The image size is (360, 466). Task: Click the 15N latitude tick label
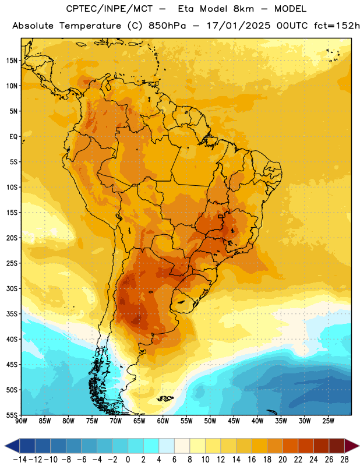tap(12, 61)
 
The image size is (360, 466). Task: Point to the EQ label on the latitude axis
tap(13, 137)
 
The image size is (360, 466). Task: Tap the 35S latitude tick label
tap(12, 314)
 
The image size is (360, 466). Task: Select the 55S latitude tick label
tap(12, 415)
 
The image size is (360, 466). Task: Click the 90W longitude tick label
tap(21, 421)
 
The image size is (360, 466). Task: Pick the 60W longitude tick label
tap(163, 421)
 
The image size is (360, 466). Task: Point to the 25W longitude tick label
tap(328, 421)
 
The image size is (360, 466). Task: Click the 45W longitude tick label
tap(234, 421)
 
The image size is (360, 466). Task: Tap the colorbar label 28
tap(344, 460)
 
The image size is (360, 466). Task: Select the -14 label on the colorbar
tap(20, 460)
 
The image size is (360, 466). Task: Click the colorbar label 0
tap(128, 460)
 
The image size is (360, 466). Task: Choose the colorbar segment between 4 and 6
tap(167, 446)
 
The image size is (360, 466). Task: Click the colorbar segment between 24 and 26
tap(322, 446)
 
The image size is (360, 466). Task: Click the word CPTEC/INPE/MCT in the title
tap(110, 9)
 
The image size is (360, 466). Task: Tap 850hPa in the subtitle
tap(167, 26)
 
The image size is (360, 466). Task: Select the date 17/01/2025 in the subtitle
tap(238, 26)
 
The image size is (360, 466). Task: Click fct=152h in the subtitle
tap(337, 26)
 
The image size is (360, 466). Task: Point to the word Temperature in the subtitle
tap(90, 26)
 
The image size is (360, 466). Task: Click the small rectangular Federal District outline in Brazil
tap(220, 216)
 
